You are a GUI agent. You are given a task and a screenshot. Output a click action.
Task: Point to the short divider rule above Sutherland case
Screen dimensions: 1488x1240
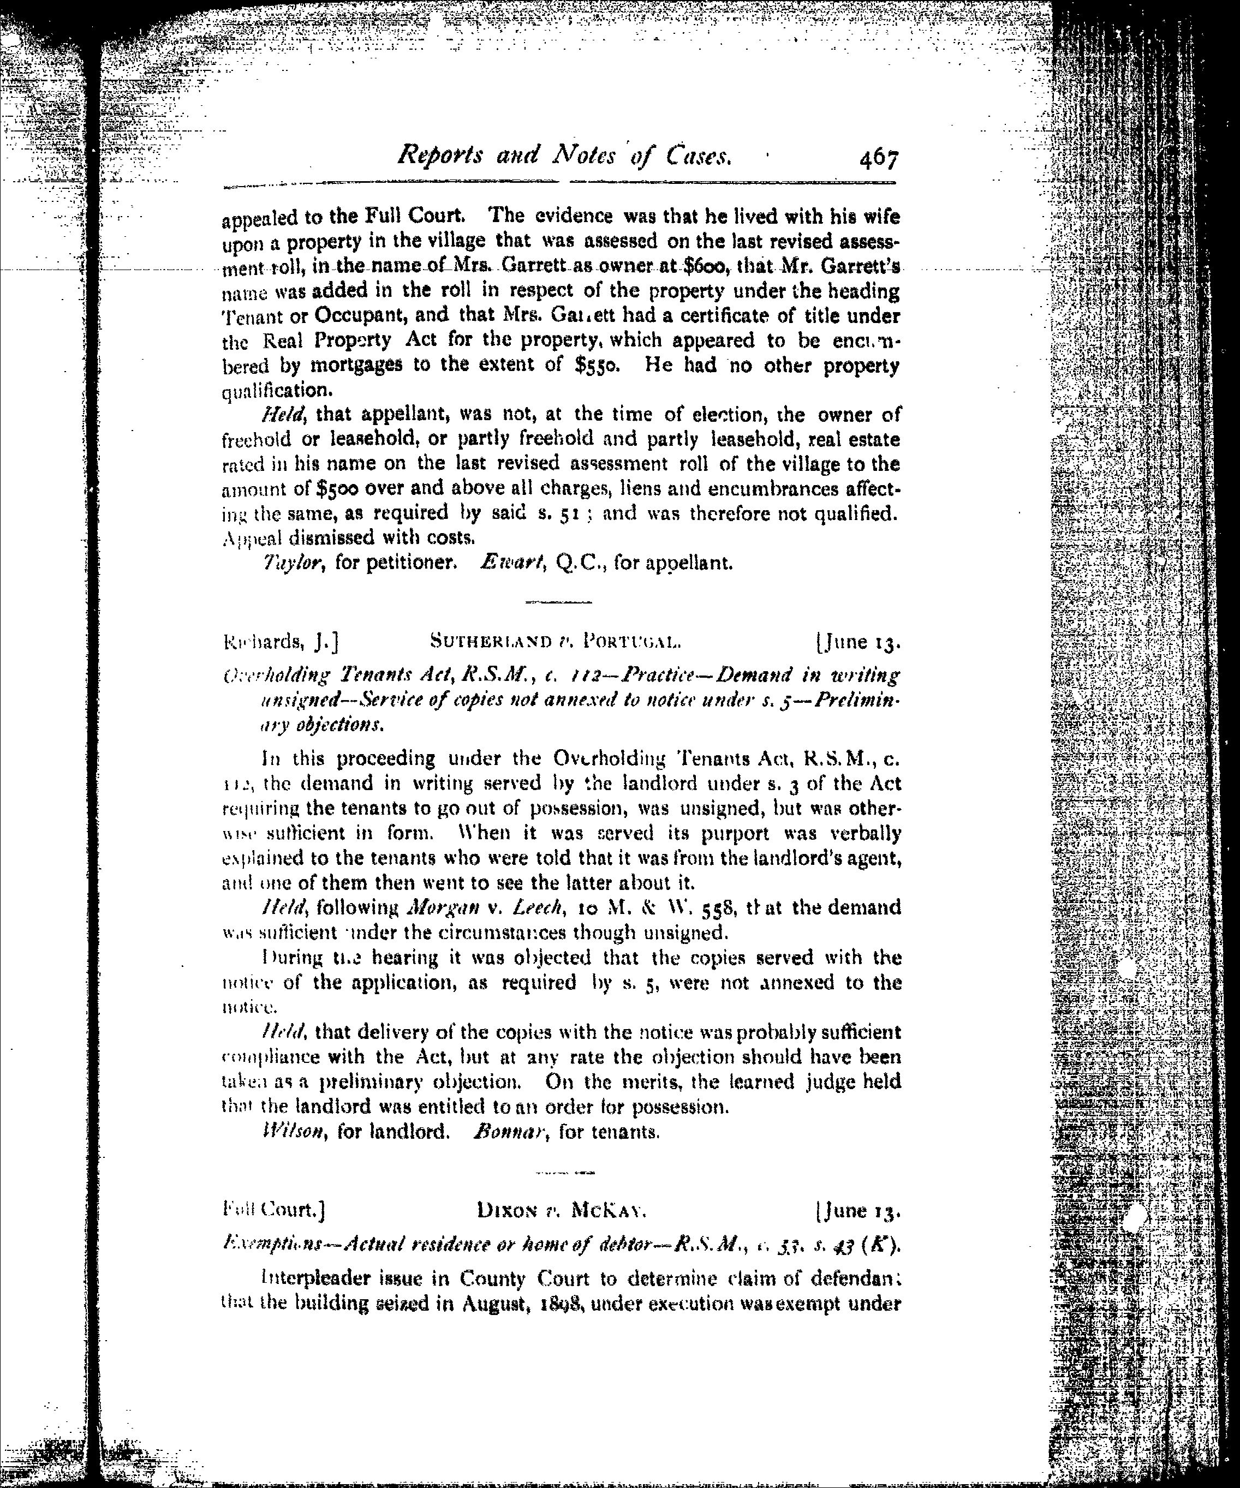(558, 602)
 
